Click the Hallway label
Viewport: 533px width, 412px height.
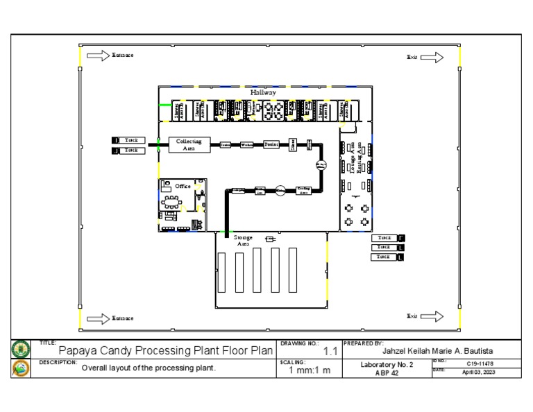pyautogui.click(x=263, y=92)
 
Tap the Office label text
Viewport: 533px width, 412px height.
pyautogui.click(x=183, y=186)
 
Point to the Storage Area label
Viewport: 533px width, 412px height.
pyautogui.click(x=243, y=241)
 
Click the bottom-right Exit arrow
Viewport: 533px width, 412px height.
pyautogui.click(x=432, y=316)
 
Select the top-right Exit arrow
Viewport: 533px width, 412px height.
pyautogui.click(x=432, y=58)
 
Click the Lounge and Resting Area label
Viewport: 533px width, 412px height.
pyautogui.click(x=355, y=159)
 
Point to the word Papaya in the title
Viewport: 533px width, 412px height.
pyautogui.click(x=79, y=351)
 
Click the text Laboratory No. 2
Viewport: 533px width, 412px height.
pyautogui.click(x=387, y=364)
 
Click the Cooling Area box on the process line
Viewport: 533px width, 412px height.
pyautogui.click(x=303, y=190)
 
